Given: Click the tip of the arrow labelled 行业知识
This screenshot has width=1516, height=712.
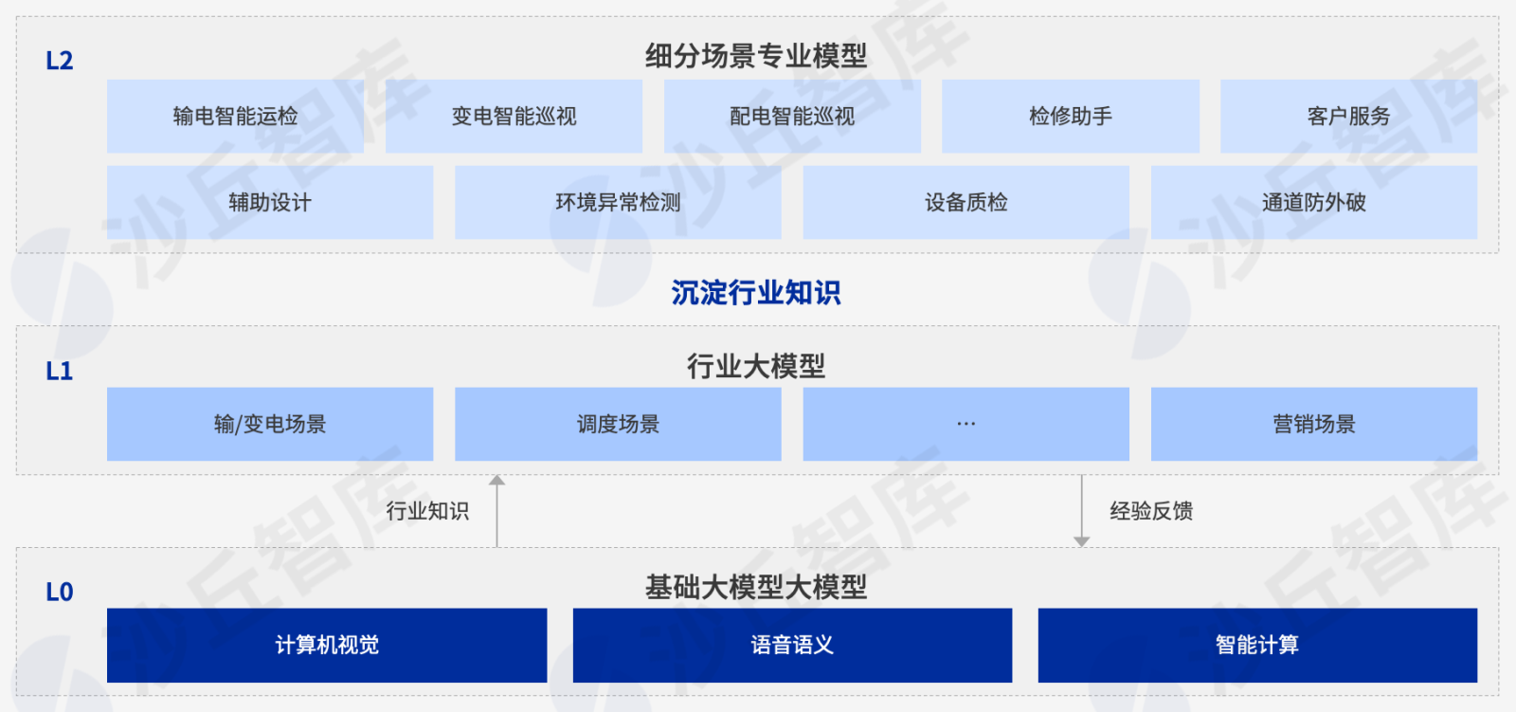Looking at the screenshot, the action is point(496,475).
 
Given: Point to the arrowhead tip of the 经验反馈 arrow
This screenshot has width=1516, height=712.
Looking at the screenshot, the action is point(1081,547).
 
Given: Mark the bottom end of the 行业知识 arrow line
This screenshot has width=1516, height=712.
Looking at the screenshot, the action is point(496,547).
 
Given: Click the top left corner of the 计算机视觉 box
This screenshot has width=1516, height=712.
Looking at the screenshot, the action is point(107,609).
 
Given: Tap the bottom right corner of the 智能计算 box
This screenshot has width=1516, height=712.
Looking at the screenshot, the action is point(1477,683).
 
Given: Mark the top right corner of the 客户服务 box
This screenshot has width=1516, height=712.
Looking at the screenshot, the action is point(1477,80).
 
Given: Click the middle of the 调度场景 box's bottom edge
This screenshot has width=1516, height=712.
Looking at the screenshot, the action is point(618,461).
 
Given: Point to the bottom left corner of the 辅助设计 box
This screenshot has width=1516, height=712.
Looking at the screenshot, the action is point(107,239).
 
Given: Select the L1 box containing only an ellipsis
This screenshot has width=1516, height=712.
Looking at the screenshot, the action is point(966,424).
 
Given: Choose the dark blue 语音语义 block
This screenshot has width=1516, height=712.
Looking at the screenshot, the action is point(792,645).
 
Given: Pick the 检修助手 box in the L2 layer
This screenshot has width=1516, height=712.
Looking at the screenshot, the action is point(1071,117).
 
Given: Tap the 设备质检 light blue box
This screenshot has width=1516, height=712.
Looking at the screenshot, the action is point(966,203).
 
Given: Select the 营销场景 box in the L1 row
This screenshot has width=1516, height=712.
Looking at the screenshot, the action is point(1314,424).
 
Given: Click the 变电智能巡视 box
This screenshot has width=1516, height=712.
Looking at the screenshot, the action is point(514,117).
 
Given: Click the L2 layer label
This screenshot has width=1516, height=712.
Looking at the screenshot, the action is point(59,61).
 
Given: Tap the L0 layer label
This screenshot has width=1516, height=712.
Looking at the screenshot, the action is point(59,593).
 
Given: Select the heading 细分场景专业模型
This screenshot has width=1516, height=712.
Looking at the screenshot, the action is point(756,56).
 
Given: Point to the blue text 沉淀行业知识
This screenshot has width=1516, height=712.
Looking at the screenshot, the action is point(756,293).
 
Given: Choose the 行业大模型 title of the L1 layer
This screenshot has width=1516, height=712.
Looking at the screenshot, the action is point(756,367).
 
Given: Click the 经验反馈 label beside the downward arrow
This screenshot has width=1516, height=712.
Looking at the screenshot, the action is point(1151,511).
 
